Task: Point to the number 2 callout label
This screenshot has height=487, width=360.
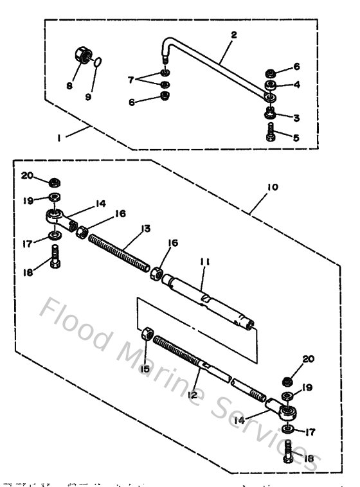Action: tap(233, 35)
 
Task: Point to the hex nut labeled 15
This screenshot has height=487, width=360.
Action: tap(146, 335)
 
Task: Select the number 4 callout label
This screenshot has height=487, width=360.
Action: tap(297, 84)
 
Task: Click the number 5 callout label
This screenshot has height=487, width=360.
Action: tap(296, 137)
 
